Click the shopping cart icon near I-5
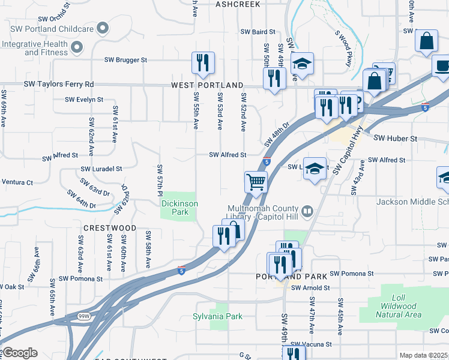tap(256, 182)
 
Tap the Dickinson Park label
tap(179, 208)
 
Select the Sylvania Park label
tap(217, 316)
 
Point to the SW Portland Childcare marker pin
tap(103, 28)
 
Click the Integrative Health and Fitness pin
tap(76, 46)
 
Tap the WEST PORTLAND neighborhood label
tap(207, 86)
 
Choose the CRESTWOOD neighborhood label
tap(110, 229)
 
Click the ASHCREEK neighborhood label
tap(238, 4)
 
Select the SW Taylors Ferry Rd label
tap(58, 85)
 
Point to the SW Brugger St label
tap(125, 60)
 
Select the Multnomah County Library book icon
tap(307, 211)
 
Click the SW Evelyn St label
tap(83, 100)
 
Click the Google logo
tap(20, 352)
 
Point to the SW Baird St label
tap(258, 32)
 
